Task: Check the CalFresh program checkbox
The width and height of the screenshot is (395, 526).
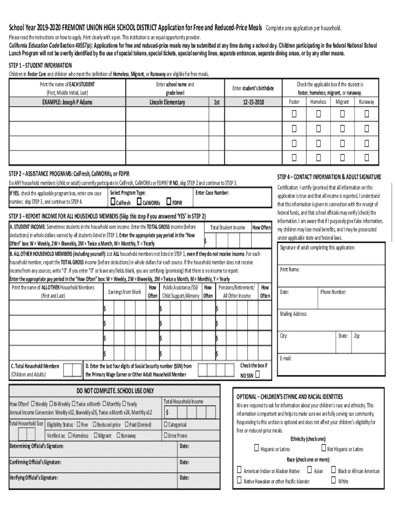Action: tap(112, 202)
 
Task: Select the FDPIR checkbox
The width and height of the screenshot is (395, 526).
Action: tap(169, 202)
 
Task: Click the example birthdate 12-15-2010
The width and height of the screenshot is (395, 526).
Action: tap(254, 102)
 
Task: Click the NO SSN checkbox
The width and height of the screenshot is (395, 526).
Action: tap(258, 375)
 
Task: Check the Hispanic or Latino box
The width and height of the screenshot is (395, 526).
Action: tap(256, 448)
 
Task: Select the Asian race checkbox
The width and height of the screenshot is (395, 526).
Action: tap(309, 470)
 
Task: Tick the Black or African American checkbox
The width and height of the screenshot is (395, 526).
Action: tap(333, 470)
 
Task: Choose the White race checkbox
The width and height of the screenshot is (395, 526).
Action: tap(333, 481)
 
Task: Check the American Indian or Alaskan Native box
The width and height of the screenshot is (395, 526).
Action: tap(239, 470)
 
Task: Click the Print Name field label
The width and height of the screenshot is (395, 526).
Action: tap(290, 269)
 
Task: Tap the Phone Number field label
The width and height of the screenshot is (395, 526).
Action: tap(333, 292)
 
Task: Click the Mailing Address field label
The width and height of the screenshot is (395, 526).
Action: tap(293, 314)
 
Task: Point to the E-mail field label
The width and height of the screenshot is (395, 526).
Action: tap(286, 358)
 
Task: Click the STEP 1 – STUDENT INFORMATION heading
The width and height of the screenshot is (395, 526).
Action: tap(41, 66)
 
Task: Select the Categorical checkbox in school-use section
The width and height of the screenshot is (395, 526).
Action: tap(166, 424)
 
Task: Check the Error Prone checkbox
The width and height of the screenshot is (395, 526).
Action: tap(166, 436)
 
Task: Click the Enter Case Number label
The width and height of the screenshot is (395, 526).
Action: tap(212, 193)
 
